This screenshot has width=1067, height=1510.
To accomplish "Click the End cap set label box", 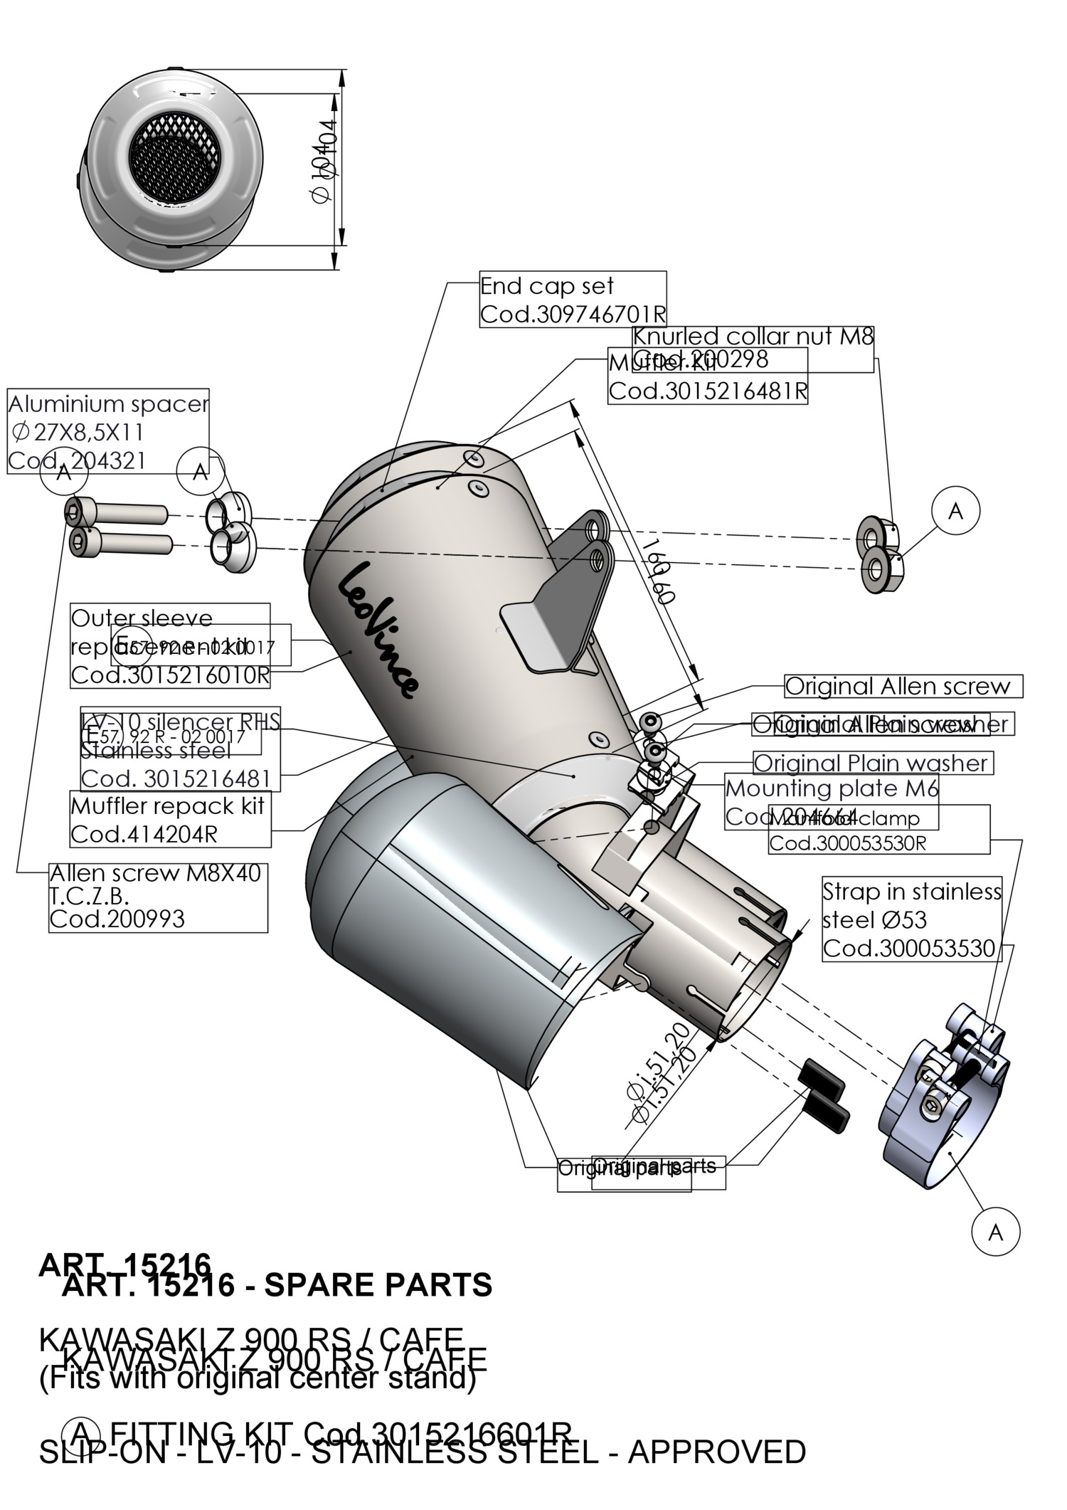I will [573, 299].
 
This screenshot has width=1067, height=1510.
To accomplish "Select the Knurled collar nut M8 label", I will [753, 336].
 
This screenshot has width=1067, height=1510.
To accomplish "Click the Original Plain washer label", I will [871, 764].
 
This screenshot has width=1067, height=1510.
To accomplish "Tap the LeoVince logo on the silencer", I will [377, 630].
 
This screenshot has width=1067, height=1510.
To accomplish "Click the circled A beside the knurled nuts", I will [955, 511].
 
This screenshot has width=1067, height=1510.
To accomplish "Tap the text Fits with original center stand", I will [257, 1378].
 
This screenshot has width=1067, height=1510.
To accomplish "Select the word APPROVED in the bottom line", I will [716, 1452].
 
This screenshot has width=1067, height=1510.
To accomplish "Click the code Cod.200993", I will [117, 919].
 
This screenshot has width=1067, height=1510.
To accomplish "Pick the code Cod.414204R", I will [144, 834].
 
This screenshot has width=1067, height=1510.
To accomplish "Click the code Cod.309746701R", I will [573, 314].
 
